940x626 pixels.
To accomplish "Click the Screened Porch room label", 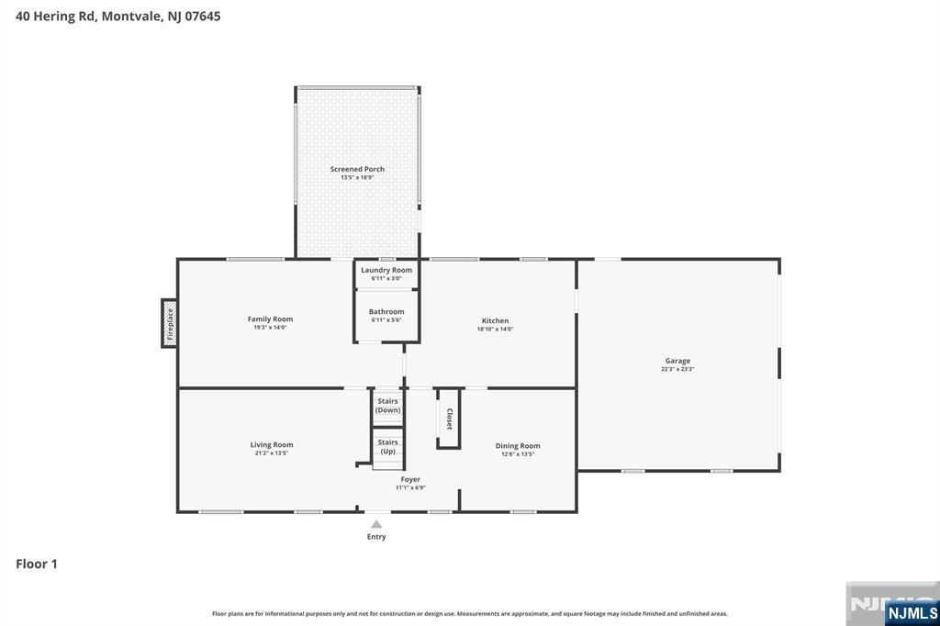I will point(357,169).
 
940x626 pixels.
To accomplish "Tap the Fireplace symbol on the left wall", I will point(169,323).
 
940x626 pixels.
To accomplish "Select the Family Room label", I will point(270,319).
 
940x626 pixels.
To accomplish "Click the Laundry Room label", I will point(386,270).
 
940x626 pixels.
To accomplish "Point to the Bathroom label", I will point(386,312).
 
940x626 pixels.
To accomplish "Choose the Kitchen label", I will point(495,321).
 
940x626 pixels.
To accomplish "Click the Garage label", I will point(677,361).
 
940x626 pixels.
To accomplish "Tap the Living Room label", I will point(272,445).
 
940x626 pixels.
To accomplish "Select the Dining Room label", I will point(518,446).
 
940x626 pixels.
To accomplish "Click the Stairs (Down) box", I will point(387,406).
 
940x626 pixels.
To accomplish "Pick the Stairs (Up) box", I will point(388,447).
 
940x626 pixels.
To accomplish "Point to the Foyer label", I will point(409,479).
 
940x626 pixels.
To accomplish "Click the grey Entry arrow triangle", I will point(376,524).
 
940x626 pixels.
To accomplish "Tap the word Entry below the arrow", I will point(376,537).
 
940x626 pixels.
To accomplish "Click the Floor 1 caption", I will point(37,565).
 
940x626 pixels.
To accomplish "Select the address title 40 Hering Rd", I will point(117,16).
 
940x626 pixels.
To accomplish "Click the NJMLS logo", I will point(912,612).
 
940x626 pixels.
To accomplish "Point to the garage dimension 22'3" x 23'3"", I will point(677,369).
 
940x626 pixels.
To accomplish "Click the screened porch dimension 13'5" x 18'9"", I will point(357,177).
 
